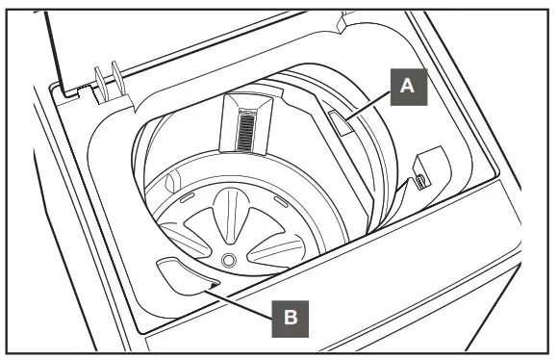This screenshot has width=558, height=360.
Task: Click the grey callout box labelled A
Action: pos(407,87)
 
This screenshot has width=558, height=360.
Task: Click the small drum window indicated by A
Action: pos(340,123)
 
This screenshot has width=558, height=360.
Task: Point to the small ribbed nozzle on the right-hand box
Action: pos(419,179)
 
